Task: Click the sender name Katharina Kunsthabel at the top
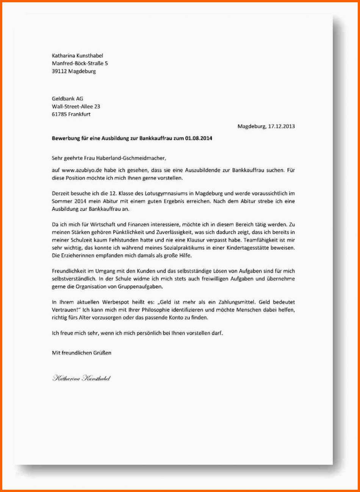[77, 56]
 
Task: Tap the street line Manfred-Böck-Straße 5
[80, 63]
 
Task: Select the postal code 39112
[59, 71]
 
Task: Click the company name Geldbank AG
[67, 99]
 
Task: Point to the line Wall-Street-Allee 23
[76, 107]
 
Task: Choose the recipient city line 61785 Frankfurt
[71, 114]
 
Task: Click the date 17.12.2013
[281, 126]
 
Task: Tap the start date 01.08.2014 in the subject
[199, 138]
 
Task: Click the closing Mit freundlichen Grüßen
[81, 353]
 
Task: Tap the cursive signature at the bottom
[81, 378]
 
